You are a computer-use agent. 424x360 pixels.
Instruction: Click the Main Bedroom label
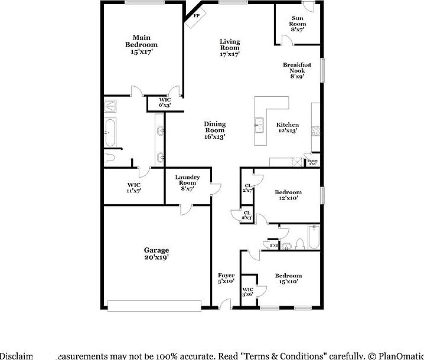141,45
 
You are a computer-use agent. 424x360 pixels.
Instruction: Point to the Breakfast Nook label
296,70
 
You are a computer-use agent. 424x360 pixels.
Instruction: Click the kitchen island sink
259,123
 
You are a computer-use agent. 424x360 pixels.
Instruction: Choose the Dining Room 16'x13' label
214,130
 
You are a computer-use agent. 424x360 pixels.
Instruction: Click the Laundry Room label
187,183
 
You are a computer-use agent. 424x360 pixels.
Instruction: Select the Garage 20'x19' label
156,254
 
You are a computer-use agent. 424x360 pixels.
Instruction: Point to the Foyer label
226,279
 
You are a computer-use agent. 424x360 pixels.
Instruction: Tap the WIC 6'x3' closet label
165,102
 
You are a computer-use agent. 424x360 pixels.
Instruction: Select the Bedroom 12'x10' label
288,195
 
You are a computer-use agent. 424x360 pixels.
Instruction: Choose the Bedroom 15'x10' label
288,279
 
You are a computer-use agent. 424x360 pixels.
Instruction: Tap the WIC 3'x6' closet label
248,292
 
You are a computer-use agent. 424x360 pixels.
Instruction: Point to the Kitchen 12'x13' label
287,127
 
